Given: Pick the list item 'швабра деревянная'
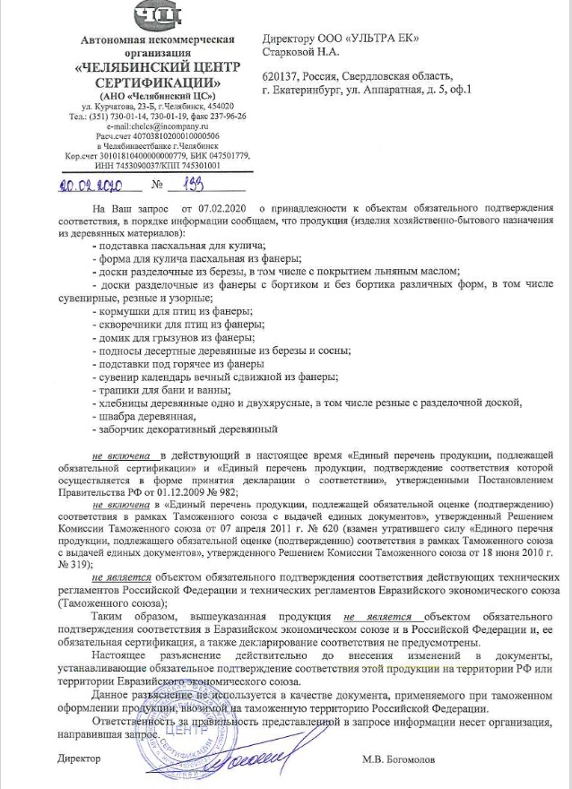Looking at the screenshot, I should click(x=149, y=416).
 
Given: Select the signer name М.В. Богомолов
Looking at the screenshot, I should click(x=399, y=759).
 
